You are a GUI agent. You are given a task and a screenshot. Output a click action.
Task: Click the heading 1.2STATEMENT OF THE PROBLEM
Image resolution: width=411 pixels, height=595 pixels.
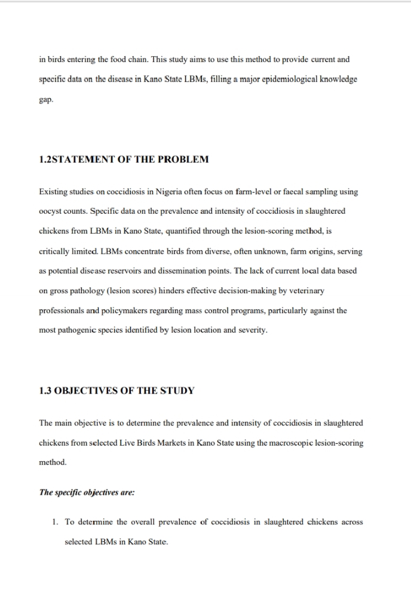tap(124, 160)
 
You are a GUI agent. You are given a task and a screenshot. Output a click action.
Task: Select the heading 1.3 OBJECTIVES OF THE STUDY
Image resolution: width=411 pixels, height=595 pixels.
tap(116, 391)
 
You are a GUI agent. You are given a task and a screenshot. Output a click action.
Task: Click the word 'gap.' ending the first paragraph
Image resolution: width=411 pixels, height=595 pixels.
tap(46, 100)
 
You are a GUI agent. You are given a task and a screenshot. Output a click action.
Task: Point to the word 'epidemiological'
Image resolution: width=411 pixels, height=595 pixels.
tap(286, 79)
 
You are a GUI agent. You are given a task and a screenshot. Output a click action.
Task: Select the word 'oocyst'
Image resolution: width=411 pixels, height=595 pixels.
tap(50, 211)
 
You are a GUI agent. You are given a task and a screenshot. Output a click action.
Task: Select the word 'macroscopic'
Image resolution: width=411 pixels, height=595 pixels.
tap(289, 443)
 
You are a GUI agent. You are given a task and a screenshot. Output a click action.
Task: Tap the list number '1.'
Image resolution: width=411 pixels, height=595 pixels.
tap(54, 522)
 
